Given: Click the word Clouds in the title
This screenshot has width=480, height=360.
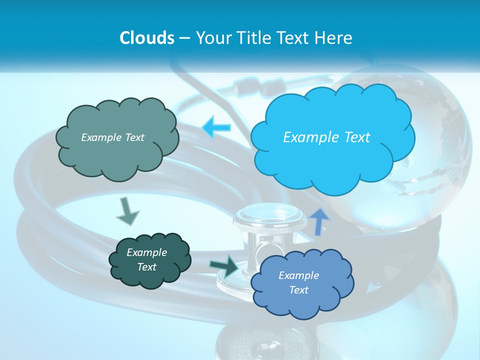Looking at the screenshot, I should (x=147, y=38).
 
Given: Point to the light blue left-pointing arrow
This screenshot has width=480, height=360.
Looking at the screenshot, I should (x=216, y=127).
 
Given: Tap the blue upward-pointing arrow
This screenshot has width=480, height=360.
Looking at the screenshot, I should (x=320, y=221).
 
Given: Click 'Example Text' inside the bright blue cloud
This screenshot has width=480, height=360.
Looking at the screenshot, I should (x=326, y=137).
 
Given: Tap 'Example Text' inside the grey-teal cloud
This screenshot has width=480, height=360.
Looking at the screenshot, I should (x=112, y=137).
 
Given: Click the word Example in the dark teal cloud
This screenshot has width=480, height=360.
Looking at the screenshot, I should (x=146, y=252).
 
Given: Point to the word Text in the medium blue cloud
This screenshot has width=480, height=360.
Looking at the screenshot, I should (x=299, y=290).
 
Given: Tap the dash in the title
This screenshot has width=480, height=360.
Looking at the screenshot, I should (x=184, y=38).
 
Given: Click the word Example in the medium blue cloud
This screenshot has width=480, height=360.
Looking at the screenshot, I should (x=298, y=275).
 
